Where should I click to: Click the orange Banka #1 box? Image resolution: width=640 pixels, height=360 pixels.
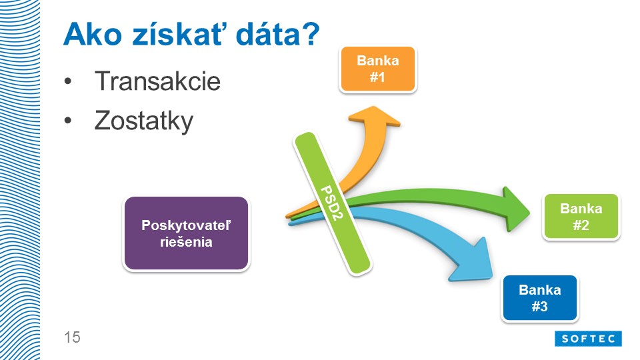pyautogui.click(x=377, y=69)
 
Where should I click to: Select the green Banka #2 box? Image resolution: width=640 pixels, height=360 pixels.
pyautogui.click(x=581, y=217)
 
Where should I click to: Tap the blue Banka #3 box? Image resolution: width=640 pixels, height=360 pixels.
pyautogui.click(x=539, y=298)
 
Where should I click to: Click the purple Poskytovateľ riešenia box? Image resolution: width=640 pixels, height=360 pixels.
pyautogui.click(x=186, y=233)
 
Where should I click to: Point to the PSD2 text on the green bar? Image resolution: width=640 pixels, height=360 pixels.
pyautogui.click(x=332, y=203)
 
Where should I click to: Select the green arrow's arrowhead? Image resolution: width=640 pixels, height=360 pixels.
pyautogui.click(x=516, y=209)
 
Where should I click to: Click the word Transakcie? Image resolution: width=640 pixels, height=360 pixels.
pyautogui.click(x=157, y=81)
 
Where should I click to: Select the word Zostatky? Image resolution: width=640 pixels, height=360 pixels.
pyautogui.click(x=144, y=121)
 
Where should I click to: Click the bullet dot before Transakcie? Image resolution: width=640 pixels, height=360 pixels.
pyautogui.click(x=68, y=81)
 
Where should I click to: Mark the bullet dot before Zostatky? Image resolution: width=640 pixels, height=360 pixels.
pyautogui.click(x=68, y=121)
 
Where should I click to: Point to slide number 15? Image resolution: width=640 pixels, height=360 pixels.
pyautogui.click(x=72, y=337)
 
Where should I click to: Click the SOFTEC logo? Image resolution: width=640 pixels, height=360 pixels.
pyautogui.click(x=588, y=339)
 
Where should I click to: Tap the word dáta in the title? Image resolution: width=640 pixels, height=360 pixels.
pyautogui.click(x=267, y=34)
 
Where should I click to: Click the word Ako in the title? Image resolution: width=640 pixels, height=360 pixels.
pyautogui.click(x=93, y=34)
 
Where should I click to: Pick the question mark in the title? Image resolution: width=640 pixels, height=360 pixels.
pyautogui.click(x=311, y=34)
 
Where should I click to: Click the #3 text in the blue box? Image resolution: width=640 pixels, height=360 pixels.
pyautogui.click(x=539, y=306)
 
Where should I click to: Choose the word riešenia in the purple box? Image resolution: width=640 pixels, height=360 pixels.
pyautogui.click(x=186, y=242)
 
